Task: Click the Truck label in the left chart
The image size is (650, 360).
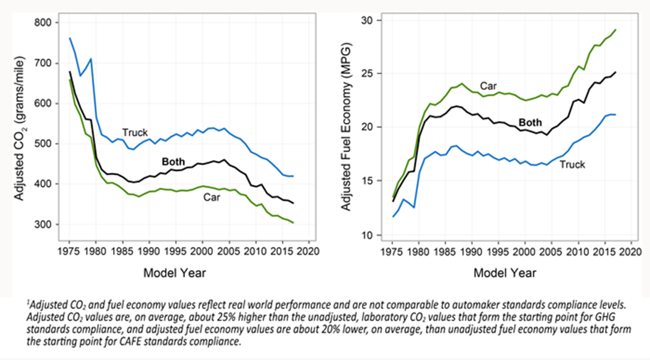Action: (134, 133)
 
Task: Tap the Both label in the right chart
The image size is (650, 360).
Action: (530, 122)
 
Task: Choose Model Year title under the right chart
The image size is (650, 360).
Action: (505, 272)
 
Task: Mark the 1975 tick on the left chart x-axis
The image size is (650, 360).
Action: (70, 252)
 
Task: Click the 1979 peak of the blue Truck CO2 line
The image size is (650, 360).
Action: (91, 59)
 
